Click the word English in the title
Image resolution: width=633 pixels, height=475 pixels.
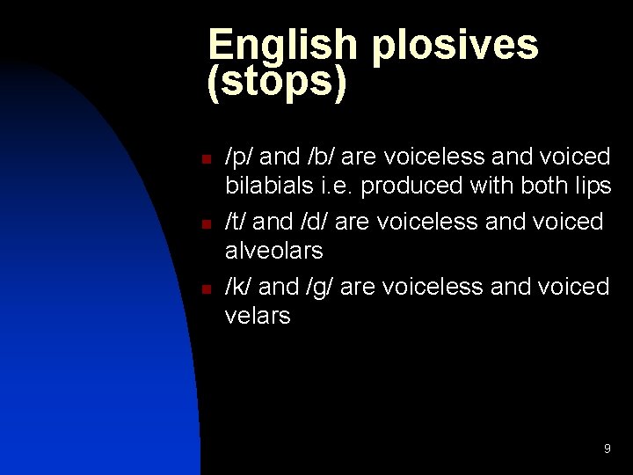click(x=284, y=46)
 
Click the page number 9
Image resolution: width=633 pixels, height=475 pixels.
click(x=607, y=449)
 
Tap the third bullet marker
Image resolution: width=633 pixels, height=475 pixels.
click(x=204, y=289)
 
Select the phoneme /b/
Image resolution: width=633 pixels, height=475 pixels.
click(x=320, y=157)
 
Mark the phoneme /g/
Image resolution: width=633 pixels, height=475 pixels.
click(x=320, y=287)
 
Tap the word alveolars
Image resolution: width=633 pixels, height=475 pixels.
click(x=274, y=251)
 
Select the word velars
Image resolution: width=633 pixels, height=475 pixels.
click(x=258, y=316)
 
